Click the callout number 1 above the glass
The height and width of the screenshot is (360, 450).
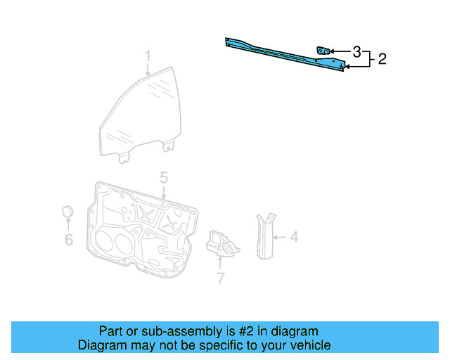[x=148, y=56]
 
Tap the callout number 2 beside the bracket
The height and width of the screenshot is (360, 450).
[x=382, y=59]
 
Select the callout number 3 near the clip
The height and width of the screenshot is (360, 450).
[x=357, y=52]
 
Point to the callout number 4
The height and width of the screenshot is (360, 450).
[x=294, y=238]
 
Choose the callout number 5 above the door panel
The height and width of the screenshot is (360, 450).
[x=163, y=178]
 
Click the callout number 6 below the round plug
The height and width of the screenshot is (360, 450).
[x=68, y=240]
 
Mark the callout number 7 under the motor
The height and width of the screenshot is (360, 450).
[x=220, y=278]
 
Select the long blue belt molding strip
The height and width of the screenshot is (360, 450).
[x=281, y=54]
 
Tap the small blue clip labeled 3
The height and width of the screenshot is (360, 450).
[x=323, y=50]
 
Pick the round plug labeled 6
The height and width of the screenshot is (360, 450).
[x=68, y=212]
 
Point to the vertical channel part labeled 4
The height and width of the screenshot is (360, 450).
[x=264, y=235]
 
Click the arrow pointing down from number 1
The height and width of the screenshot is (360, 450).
[x=148, y=69]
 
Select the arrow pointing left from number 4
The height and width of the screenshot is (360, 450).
[x=279, y=238]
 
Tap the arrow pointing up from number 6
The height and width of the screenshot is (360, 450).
[x=68, y=225]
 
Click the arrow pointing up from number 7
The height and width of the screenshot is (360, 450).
[x=219, y=264]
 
